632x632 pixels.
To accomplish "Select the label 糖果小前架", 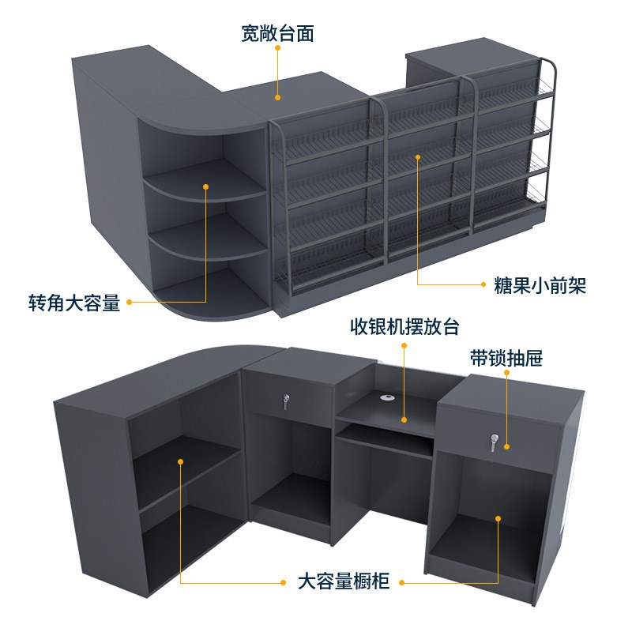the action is [534, 284].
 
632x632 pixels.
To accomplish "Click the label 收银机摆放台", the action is [404, 326].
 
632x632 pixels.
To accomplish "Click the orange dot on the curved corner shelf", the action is [205, 187].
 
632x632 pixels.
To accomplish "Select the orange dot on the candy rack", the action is [418, 157].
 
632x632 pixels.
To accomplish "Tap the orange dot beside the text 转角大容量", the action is [128, 302].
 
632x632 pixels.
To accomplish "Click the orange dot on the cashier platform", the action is [404, 419].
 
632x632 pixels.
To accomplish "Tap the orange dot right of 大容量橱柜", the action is [401, 582].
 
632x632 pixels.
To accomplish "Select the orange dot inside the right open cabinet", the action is [498, 518].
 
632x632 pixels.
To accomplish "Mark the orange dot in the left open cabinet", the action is [181, 461].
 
